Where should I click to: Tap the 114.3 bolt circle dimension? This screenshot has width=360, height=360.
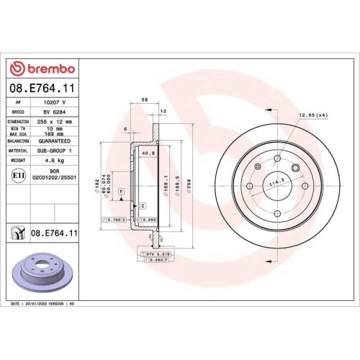tap(276, 184)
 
